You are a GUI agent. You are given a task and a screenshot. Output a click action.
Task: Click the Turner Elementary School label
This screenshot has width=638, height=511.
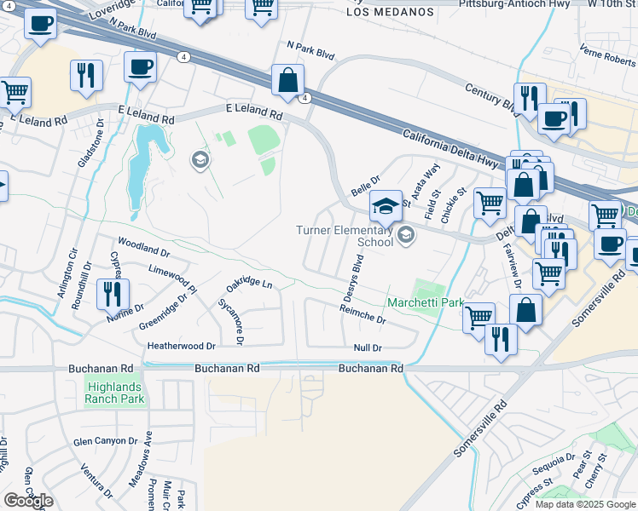coord(345,236)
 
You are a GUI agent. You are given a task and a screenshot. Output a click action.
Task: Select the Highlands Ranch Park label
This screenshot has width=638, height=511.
coord(114,393)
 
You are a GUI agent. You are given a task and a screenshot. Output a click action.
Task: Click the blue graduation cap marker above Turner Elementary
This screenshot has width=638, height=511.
coord(386,205)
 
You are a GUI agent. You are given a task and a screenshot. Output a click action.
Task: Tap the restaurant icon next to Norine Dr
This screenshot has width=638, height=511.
coord(113,294)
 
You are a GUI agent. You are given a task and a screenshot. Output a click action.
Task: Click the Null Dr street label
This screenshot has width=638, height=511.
coord(368,347)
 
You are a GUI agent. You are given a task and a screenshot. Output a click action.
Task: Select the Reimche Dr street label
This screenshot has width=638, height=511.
coord(362,317)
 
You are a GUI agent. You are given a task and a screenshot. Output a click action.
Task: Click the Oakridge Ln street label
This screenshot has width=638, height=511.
coord(249,283)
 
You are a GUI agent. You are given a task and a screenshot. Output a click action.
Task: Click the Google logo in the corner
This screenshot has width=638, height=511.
coord(28,501)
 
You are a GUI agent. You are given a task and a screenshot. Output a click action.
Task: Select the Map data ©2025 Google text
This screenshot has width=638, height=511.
coord(584,504)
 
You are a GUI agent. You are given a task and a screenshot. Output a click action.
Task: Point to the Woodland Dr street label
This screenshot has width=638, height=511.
coord(143,250)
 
